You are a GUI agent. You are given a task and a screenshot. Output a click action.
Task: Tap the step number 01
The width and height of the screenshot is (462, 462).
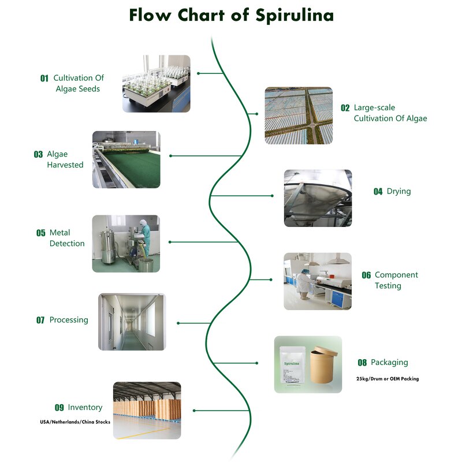[x=44, y=79]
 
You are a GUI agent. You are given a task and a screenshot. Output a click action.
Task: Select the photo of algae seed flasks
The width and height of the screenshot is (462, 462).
[x=156, y=83]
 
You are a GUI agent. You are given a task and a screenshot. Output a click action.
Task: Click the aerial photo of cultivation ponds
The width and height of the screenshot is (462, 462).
[x=299, y=115]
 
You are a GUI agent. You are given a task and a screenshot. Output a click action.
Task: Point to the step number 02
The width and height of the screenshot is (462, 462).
[x=345, y=108]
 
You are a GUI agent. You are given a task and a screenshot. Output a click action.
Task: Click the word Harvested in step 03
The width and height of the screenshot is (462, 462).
[x=65, y=165]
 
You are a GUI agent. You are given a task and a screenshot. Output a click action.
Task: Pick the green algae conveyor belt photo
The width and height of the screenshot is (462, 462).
[x=126, y=159]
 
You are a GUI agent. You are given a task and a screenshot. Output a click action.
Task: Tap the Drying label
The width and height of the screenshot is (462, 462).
[x=398, y=191]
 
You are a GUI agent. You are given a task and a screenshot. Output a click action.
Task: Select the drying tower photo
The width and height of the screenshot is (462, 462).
[x=318, y=198]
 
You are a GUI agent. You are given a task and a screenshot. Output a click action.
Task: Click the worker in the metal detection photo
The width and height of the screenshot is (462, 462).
[x=146, y=240]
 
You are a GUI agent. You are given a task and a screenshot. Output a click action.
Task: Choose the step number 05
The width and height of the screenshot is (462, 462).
[x=40, y=233]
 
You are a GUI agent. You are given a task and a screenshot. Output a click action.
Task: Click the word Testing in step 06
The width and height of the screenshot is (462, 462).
[x=388, y=286]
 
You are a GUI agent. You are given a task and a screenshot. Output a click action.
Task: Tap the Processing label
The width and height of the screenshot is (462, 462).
[x=69, y=320]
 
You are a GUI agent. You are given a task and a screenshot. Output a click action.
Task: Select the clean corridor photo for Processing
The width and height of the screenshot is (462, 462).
[x=131, y=322]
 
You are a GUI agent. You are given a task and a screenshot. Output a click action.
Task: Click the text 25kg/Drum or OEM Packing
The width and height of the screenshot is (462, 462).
[x=388, y=379]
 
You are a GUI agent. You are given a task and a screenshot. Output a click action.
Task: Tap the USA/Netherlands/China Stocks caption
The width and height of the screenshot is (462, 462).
[x=74, y=422]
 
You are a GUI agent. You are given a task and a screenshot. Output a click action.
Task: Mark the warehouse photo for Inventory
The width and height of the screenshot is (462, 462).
[x=147, y=410]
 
